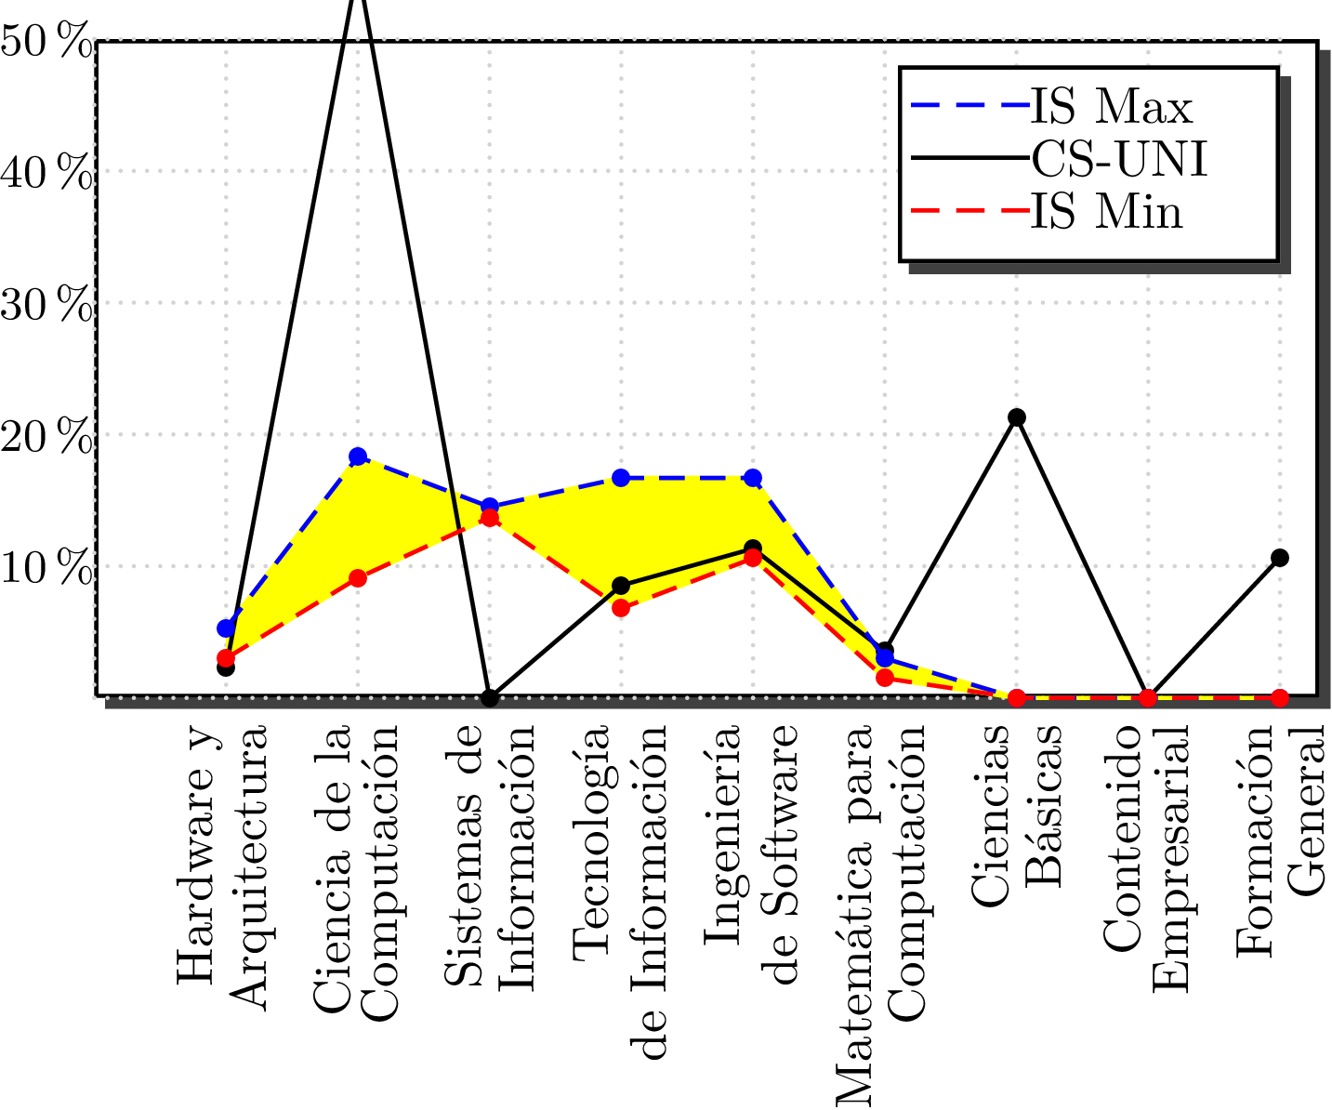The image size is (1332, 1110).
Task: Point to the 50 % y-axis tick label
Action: tap(46, 43)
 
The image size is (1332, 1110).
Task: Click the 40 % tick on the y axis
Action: tap(46, 173)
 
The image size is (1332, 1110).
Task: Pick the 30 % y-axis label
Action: tap(46, 305)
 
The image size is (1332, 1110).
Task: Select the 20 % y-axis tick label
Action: tap(46, 437)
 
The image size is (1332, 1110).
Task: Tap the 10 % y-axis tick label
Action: tap(46, 568)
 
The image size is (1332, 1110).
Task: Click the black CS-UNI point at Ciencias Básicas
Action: tap(1017, 416)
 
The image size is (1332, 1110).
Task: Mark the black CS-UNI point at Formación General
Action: tap(1280, 558)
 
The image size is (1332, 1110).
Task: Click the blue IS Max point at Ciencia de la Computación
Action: tap(358, 456)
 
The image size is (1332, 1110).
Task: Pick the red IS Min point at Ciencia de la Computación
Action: tap(358, 578)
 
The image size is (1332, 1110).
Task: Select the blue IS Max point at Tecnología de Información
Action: tap(621, 478)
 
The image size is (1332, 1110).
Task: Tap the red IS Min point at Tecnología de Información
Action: tap(621, 609)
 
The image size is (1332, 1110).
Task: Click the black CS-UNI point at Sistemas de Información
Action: tap(490, 697)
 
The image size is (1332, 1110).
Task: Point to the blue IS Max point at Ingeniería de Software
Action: tap(753, 478)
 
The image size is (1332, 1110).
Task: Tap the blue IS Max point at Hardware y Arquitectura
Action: tap(226, 628)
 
